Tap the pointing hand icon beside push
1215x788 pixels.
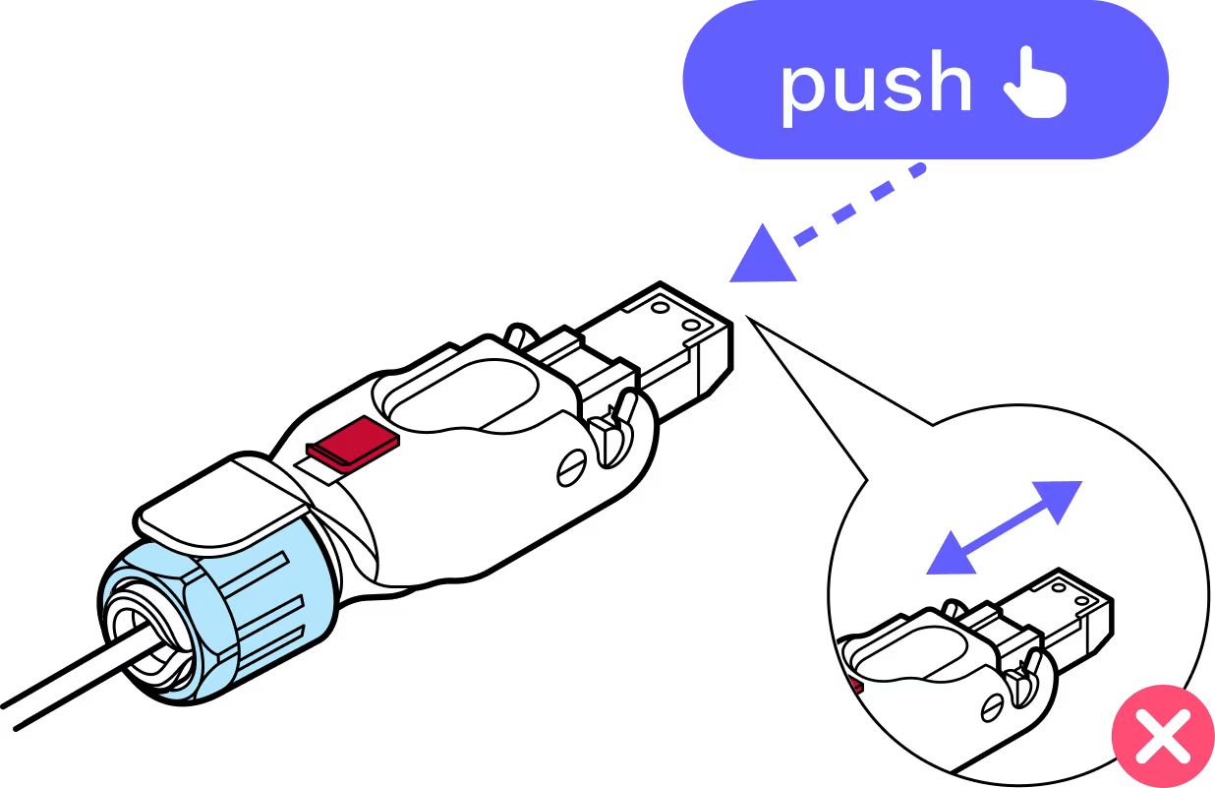pos(1034,85)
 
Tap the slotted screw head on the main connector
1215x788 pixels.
pos(572,470)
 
